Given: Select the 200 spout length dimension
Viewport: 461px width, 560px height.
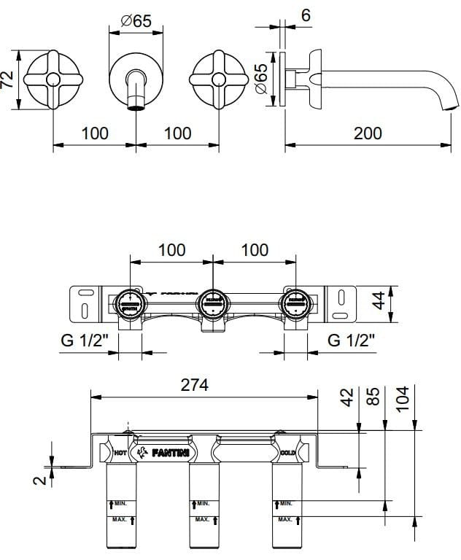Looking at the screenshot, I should (x=368, y=133).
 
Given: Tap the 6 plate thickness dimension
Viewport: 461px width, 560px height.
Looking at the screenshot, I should (x=305, y=15).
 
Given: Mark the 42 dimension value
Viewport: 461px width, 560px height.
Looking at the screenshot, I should (x=347, y=398).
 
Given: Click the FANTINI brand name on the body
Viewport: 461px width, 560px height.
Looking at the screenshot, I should (x=172, y=454).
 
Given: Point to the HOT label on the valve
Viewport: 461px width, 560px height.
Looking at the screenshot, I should (x=122, y=454).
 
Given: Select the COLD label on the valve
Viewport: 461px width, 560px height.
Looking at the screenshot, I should (x=287, y=453).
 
